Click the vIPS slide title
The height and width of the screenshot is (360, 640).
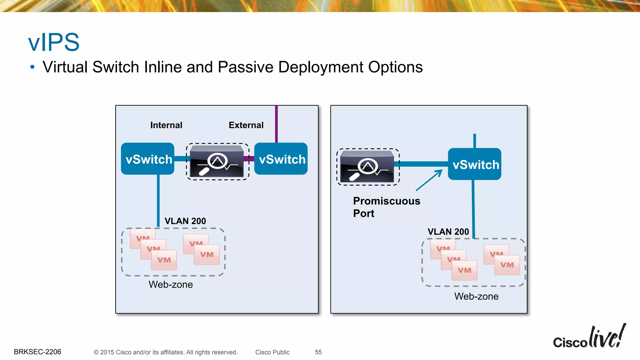54,42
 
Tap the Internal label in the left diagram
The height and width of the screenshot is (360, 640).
166,125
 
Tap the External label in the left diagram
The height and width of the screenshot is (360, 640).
246,125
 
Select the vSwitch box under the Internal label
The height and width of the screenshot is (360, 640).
148,159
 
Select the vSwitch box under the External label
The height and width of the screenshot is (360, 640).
281,159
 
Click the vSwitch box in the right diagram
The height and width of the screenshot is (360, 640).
475,164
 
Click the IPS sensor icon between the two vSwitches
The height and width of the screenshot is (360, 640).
217,162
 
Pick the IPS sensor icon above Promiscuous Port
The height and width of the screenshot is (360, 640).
367,167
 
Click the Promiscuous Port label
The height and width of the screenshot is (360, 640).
386,207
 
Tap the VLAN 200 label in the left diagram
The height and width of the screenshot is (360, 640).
185,221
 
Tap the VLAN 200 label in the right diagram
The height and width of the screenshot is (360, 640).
448,232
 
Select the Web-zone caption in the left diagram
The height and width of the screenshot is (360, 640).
171,285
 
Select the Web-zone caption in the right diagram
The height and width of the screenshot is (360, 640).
476,297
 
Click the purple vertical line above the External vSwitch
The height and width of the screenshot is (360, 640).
276,124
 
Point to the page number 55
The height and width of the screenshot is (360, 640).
318,352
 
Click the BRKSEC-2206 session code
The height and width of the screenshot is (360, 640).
37,352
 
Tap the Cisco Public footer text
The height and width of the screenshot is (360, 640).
272,352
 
